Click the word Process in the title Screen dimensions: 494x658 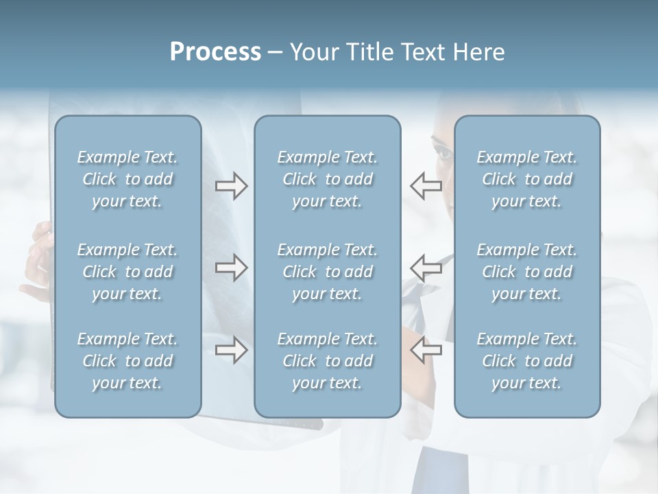click(x=215, y=52)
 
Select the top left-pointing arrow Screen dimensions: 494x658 click(x=426, y=186)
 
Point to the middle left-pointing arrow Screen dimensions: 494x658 click(x=426, y=268)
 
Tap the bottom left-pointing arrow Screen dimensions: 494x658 click(x=426, y=350)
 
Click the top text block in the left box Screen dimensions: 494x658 click(x=127, y=179)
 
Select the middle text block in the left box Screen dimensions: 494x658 click(x=127, y=272)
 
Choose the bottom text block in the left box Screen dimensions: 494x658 click(x=127, y=361)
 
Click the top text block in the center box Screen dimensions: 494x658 click(x=328, y=179)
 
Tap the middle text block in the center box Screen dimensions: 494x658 click(x=328, y=272)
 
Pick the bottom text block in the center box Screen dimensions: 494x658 click(x=328, y=361)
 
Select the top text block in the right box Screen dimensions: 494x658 click(x=527, y=179)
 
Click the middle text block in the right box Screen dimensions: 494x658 click(x=527, y=272)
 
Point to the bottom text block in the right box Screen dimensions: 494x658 click(x=527, y=361)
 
